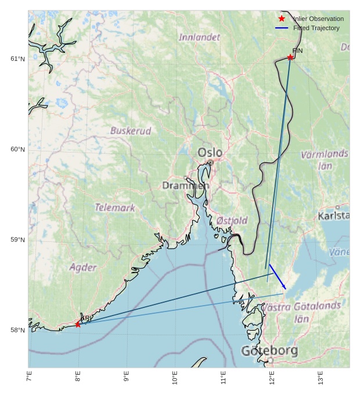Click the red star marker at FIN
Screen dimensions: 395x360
pyautogui.click(x=290, y=57)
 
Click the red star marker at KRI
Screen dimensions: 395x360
pyautogui.click(x=78, y=324)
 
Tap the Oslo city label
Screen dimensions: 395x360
pyautogui.click(x=210, y=153)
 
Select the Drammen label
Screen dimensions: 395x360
pyautogui.click(x=185, y=186)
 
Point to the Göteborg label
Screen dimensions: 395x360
pyautogui.click(x=269, y=351)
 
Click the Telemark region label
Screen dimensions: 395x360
pyautogui.click(x=115, y=207)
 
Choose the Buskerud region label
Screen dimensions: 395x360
pyautogui.click(x=131, y=131)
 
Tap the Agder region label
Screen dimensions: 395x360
pyautogui.click(x=83, y=267)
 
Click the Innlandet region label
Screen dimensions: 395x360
pyautogui.click(x=199, y=37)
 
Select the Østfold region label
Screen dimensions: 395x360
pyautogui.click(x=232, y=220)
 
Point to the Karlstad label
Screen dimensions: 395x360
pyautogui.click(x=334, y=216)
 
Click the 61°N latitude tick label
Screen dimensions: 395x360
pyautogui.click(x=17, y=59)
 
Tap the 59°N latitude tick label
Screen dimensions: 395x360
pyautogui.click(x=17, y=240)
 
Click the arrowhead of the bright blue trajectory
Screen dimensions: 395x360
pyautogui.click(x=285, y=288)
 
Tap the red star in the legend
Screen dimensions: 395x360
pyautogui.click(x=282, y=19)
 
